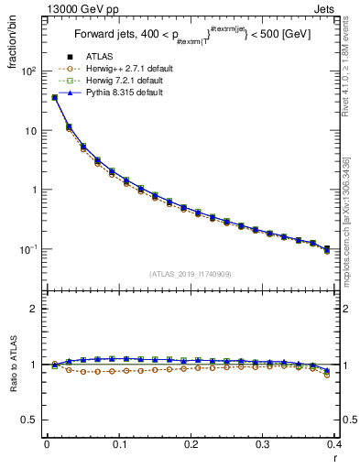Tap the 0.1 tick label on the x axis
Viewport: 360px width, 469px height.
coord(119,445)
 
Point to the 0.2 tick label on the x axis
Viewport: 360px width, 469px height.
coord(191,445)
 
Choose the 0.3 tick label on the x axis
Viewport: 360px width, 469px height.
coord(263,445)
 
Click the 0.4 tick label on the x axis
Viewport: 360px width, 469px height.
coord(334,445)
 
